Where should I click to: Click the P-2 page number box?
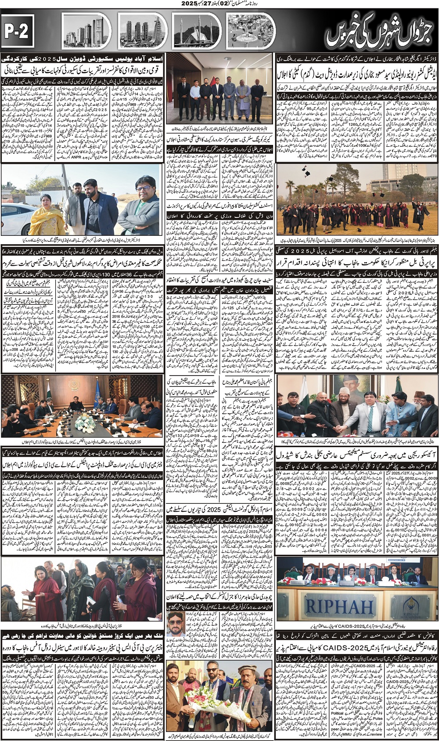point(18,31)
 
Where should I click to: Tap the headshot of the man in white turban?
point(177,629)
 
